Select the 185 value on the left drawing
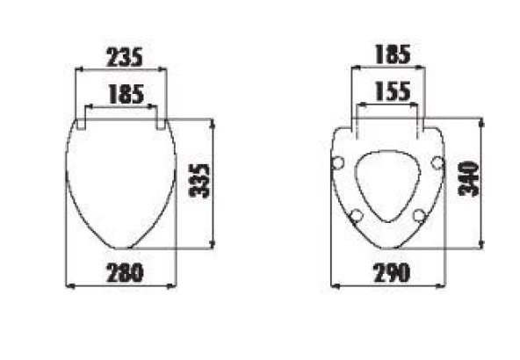[x=126, y=94]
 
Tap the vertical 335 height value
[x=201, y=180]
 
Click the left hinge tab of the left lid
[x=82, y=123]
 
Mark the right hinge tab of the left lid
[x=162, y=123]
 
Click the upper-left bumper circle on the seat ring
[x=338, y=162]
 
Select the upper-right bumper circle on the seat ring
[x=437, y=162]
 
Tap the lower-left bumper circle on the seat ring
[x=356, y=216]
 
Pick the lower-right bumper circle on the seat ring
[x=419, y=216]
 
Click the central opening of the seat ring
[x=387, y=184]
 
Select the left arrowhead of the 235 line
[x=77, y=69]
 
